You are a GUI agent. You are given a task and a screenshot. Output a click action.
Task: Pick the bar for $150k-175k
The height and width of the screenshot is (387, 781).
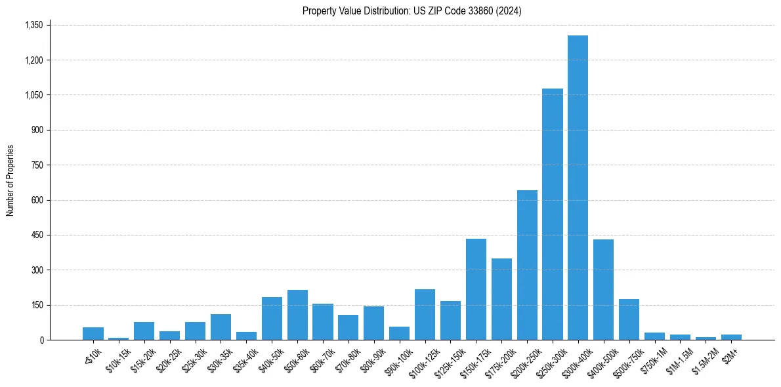tap(476, 289)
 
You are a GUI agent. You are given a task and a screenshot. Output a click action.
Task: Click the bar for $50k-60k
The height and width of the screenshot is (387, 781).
tap(297, 315)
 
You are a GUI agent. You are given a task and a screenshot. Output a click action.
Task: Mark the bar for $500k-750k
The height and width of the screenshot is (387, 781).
tap(629, 319)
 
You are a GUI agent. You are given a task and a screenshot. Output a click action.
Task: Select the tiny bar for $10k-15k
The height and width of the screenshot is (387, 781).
tap(118, 338)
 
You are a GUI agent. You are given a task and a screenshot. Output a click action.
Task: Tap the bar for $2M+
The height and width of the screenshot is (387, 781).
tap(731, 337)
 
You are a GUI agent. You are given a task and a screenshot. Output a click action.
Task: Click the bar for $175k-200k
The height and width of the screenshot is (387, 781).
tap(501, 299)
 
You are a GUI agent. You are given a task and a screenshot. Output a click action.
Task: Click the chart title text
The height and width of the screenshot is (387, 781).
tap(412, 11)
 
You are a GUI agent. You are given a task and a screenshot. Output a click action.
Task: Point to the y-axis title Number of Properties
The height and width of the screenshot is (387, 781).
tap(11, 180)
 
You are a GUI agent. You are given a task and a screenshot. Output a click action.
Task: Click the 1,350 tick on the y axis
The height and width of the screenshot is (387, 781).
tap(33, 25)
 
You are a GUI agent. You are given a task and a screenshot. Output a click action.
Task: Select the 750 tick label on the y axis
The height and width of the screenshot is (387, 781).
tap(37, 165)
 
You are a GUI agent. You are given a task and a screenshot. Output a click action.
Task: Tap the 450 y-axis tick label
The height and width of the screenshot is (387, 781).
tap(37, 235)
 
